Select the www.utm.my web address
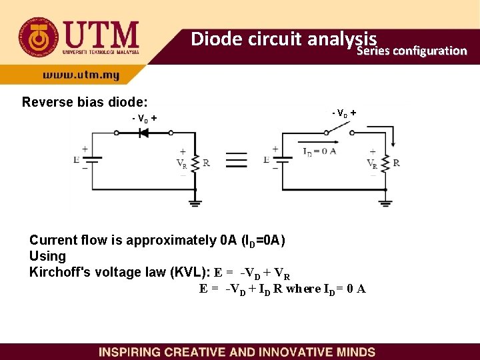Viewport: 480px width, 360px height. pos(81,75)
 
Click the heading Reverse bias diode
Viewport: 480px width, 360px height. pos(85,102)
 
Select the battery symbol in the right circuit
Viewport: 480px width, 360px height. pos(281,160)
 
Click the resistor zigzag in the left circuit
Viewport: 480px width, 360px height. pos(195,163)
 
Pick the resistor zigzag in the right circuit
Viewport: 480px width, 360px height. pos(385,163)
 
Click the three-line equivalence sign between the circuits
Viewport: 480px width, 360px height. pos(236,161)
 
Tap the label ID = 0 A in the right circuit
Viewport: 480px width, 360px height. pos(319,151)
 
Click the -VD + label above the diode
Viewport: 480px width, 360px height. pos(145,119)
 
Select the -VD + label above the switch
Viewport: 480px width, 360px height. pos(344,113)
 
